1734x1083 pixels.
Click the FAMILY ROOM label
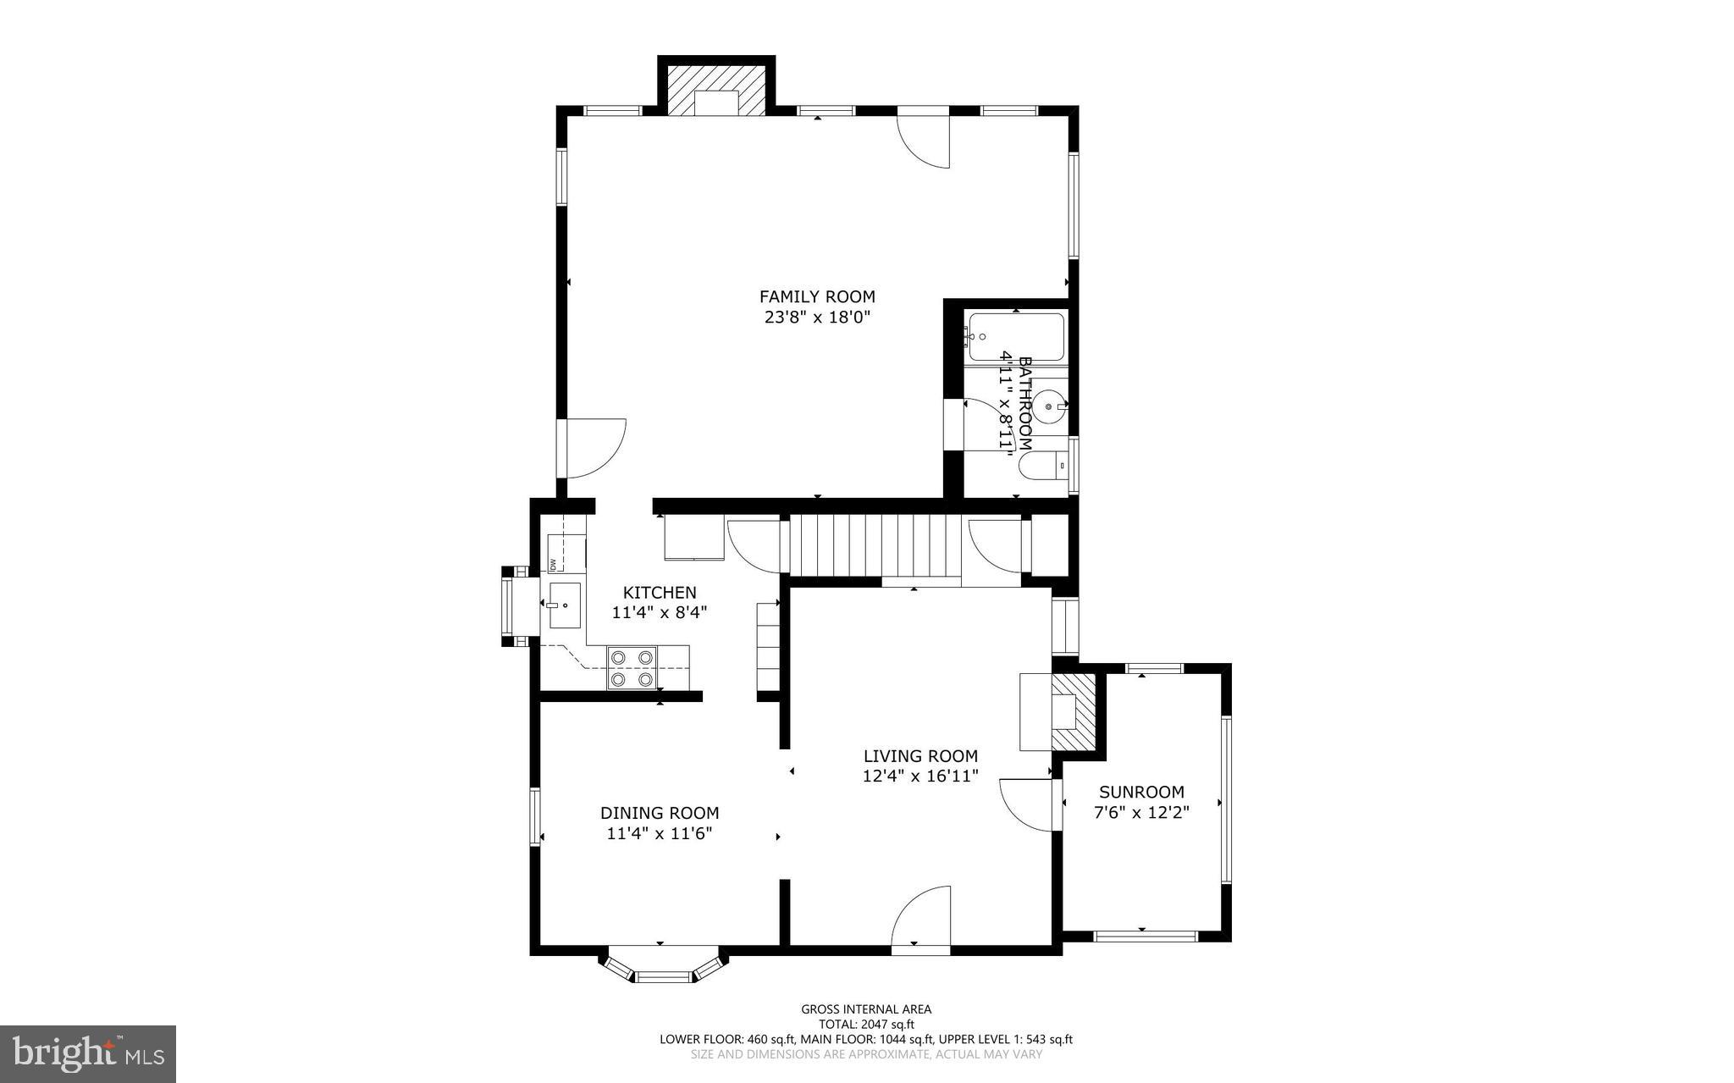tap(817, 296)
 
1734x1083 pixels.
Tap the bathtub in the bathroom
tap(1015, 338)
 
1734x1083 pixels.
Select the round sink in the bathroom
tap(1049, 407)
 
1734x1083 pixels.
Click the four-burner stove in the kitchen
tap(632, 667)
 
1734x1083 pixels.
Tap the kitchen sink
tap(565, 605)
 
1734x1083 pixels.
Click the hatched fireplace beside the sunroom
tap(1074, 711)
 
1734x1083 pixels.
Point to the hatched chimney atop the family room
tap(717, 88)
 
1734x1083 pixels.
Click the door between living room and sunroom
tap(1029, 805)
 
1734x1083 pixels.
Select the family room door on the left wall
tap(593, 448)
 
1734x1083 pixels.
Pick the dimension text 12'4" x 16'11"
tap(920, 776)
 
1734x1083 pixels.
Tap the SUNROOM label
tap(1141, 793)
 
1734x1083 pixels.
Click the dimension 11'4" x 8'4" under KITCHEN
tap(659, 612)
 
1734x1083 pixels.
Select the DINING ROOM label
tap(660, 813)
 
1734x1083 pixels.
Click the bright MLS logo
tap(88, 1053)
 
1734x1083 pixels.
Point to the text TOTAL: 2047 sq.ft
tap(866, 1024)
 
